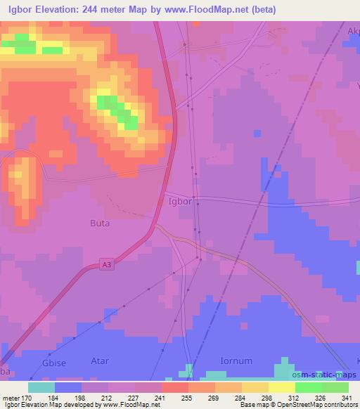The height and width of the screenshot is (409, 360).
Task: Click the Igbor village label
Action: pos(179,200)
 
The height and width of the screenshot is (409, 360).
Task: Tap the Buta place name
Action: pos(100,224)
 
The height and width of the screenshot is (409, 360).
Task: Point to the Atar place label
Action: pos(100,361)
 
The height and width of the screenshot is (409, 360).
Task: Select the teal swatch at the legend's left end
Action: pos(41,387)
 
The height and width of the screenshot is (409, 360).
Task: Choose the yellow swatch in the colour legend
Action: pos(282,387)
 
